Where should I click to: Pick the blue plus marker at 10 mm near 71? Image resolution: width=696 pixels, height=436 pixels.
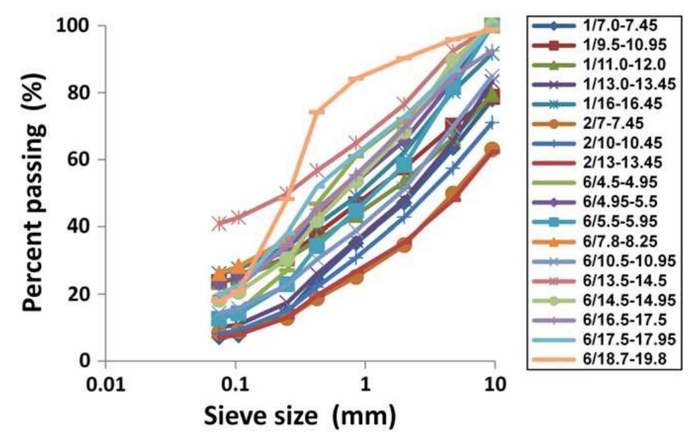pos(492,123)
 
